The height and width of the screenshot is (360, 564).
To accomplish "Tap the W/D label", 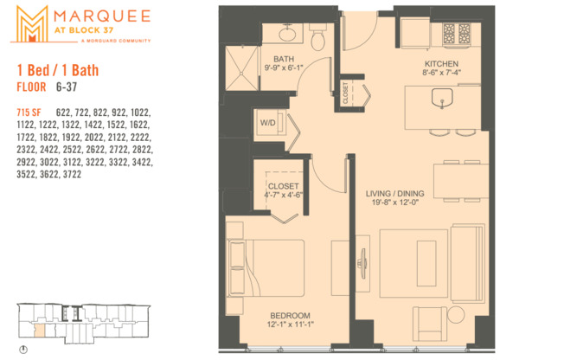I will (267, 123).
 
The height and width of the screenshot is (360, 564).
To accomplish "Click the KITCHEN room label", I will (441, 65).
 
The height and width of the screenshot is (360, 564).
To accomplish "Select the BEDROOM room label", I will (286, 315).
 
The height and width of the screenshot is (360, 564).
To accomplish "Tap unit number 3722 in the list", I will (94, 174).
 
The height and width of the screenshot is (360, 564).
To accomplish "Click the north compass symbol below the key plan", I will (23, 350).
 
